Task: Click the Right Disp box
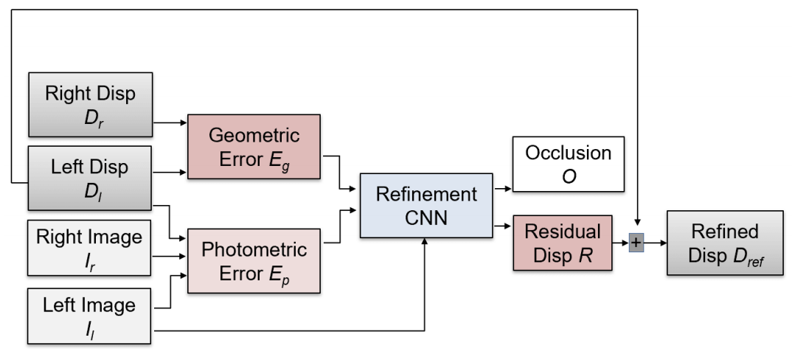91,105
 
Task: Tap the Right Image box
89,248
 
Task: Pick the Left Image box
89,316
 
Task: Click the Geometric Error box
254,147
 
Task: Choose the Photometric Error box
254,261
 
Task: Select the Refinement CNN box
426,205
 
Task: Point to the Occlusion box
569,164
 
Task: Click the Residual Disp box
563,243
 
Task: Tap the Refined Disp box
726,243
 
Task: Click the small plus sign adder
636,243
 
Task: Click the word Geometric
254,136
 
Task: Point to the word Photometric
254,249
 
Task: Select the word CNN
426,218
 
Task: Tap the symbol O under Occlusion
569,176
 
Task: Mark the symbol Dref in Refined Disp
748,256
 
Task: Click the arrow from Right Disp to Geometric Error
170,122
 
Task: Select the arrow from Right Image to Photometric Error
169,256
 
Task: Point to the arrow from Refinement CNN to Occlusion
503,189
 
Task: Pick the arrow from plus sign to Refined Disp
656,243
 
